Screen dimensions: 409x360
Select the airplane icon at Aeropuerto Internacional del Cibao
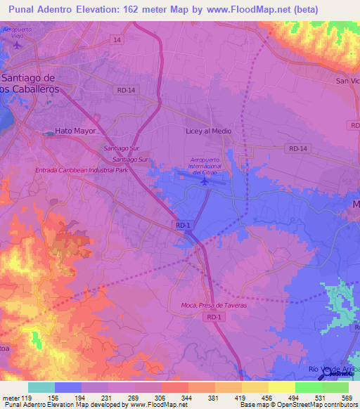205,181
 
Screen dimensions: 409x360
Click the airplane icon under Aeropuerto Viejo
17,45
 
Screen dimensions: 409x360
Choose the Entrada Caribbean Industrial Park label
82,170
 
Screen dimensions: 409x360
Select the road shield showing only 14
116,41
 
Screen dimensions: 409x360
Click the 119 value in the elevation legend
28,397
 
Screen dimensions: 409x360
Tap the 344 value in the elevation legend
188,397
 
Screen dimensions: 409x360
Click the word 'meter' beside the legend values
11,397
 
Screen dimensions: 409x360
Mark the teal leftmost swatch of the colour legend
41,387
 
